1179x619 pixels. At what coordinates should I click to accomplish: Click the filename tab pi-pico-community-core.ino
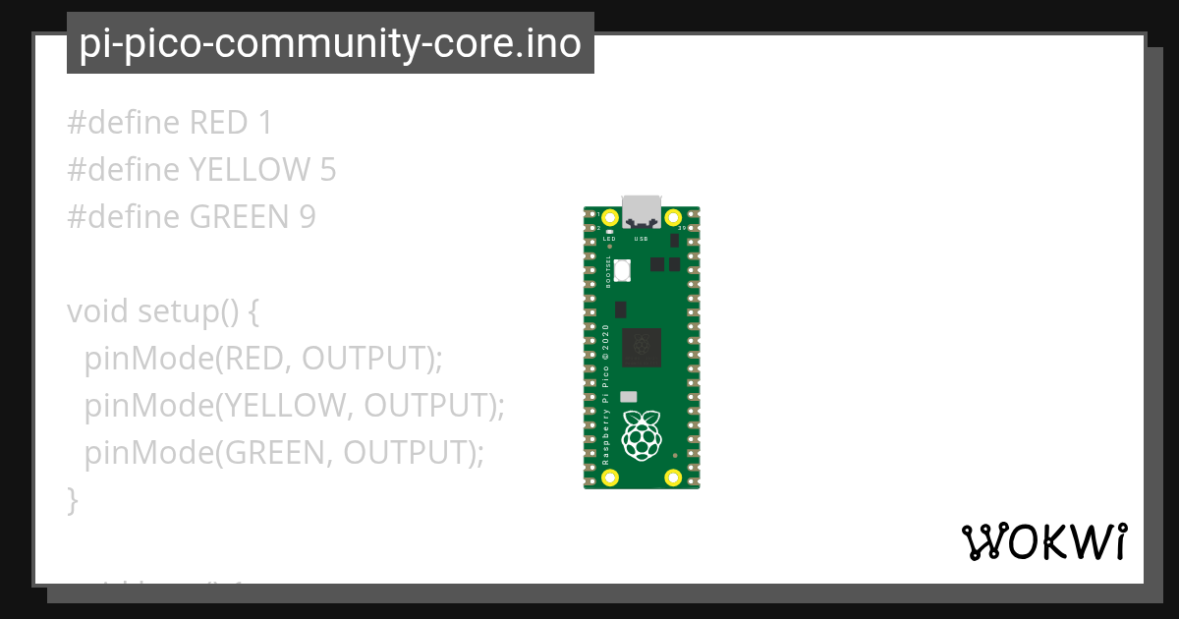pyautogui.click(x=330, y=44)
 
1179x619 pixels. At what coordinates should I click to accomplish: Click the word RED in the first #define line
pyautogui.click(x=218, y=124)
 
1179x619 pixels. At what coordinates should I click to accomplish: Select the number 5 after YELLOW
pyautogui.click(x=328, y=171)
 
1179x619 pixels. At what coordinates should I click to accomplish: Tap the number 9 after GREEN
pyautogui.click(x=308, y=217)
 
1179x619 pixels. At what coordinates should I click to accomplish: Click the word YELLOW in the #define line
pyautogui.click(x=250, y=171)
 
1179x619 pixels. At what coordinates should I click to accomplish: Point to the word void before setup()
pyautogui.click(x=97, y=311)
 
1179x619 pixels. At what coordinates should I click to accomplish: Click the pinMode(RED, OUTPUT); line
pyautogui.click(x=263, y=359)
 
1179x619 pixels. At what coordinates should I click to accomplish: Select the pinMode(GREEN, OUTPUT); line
pyautogui.click(x=284, y=453)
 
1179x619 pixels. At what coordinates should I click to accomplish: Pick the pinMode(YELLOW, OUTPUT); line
pyautogui.click(x=294, y=406)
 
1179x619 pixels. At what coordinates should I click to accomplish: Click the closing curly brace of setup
pyautogui.click(x=72, y=500)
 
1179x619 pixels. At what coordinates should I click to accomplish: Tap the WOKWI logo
pyautogui.click(x=1044, y=541)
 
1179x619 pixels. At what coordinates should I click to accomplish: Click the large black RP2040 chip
pyautogui.click(x=642, y=346)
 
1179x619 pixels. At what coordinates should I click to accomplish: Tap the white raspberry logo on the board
pyautogui.click(x=642, y=435)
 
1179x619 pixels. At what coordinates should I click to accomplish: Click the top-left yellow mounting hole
pyautogui.click(x=610, y=218)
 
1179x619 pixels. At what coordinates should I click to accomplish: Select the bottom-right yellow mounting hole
pyautogui.click(x=674, y=478)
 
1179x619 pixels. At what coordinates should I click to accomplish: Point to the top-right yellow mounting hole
pyautogui.click(x=674, y=218)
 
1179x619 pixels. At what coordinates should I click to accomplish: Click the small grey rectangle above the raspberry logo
pyautogui.click(x=629, y=397)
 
